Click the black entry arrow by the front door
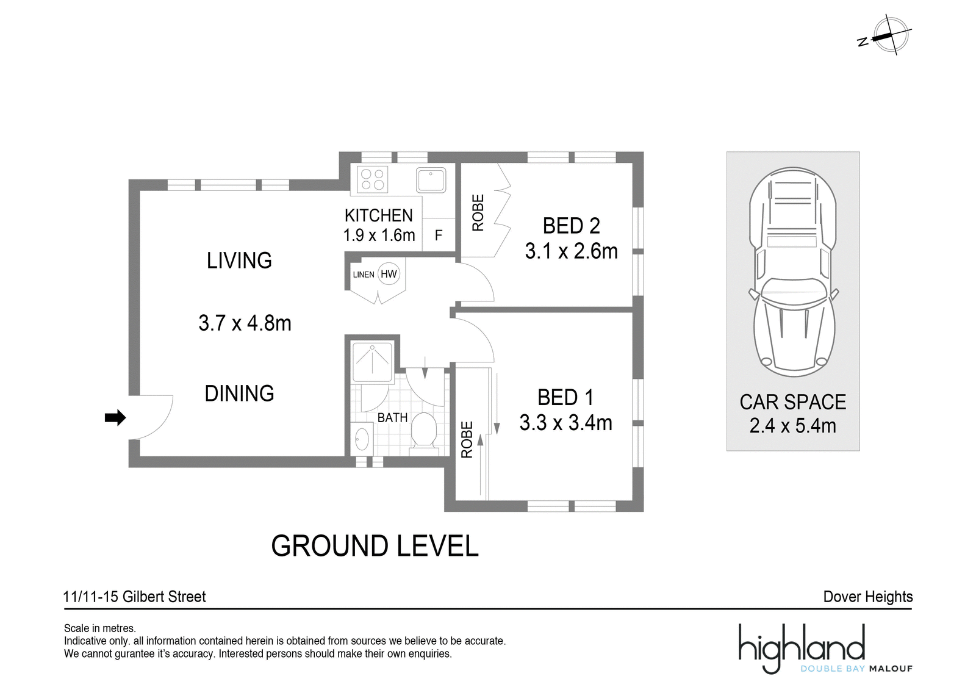tap(115, 417)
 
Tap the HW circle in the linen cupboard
tap(389, 274)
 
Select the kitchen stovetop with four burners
tap(373, 179)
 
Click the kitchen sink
tap(431, 179)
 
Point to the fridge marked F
tap(439, 235)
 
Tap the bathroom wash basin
tap(362, 439)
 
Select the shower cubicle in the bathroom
tap(373, 362)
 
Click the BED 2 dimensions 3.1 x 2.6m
tap(571, 251)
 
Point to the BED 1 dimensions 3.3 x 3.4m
tap(565, 423)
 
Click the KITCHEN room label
tap(379, 215)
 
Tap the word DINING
tap(239, 393)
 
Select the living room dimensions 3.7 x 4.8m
tap(245, 323)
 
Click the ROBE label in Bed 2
tap(478, 212)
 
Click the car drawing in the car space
tap(792, 272)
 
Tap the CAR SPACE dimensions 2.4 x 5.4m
tap(793, 426)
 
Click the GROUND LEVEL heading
tap(375, 546)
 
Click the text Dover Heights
tap(868, 597)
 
